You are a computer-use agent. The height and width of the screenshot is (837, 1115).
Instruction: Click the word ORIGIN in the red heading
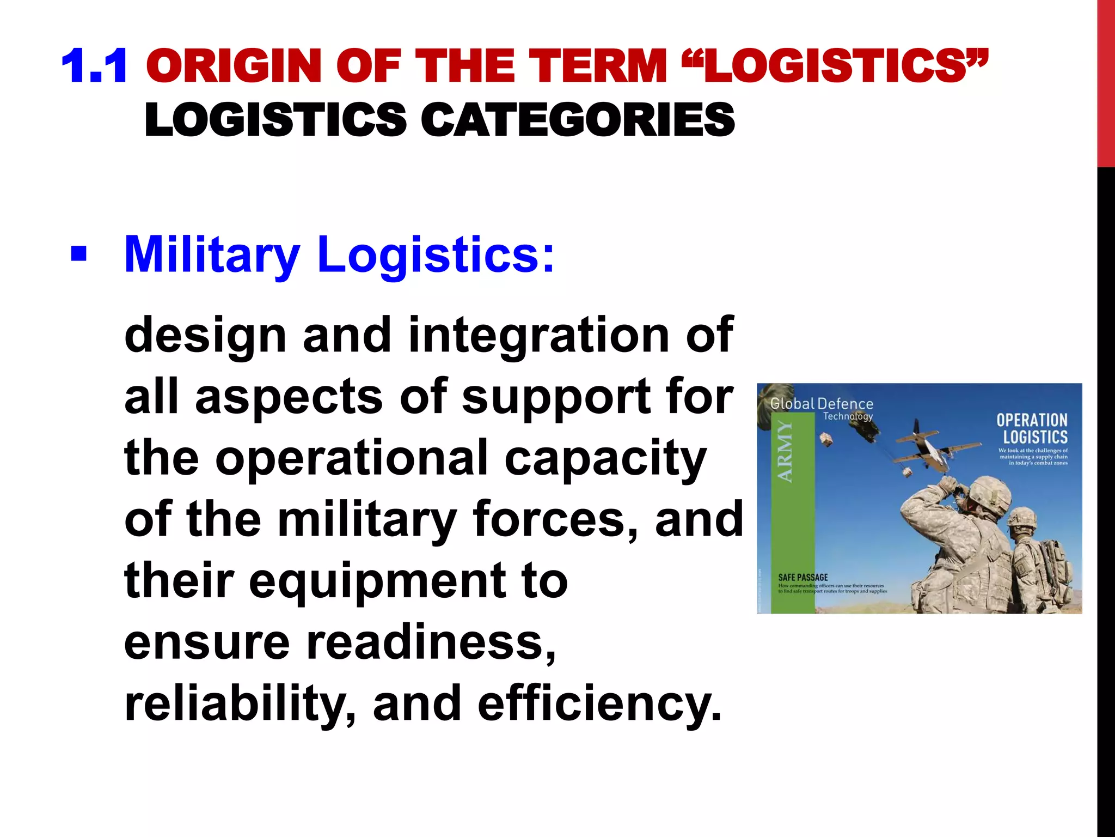pos(234,66)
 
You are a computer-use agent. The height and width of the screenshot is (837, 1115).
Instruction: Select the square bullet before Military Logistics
pos(78,254)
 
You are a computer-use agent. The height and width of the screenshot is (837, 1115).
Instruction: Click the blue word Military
pos(212,255)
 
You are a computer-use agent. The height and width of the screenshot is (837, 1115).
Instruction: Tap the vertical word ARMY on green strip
pos(785,452)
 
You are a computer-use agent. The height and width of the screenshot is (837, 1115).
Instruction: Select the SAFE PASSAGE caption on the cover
pos(802,577)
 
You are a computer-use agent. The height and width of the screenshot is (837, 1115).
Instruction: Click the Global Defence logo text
pos(822,404)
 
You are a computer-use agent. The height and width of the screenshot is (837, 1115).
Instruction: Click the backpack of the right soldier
pos(1053,567)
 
